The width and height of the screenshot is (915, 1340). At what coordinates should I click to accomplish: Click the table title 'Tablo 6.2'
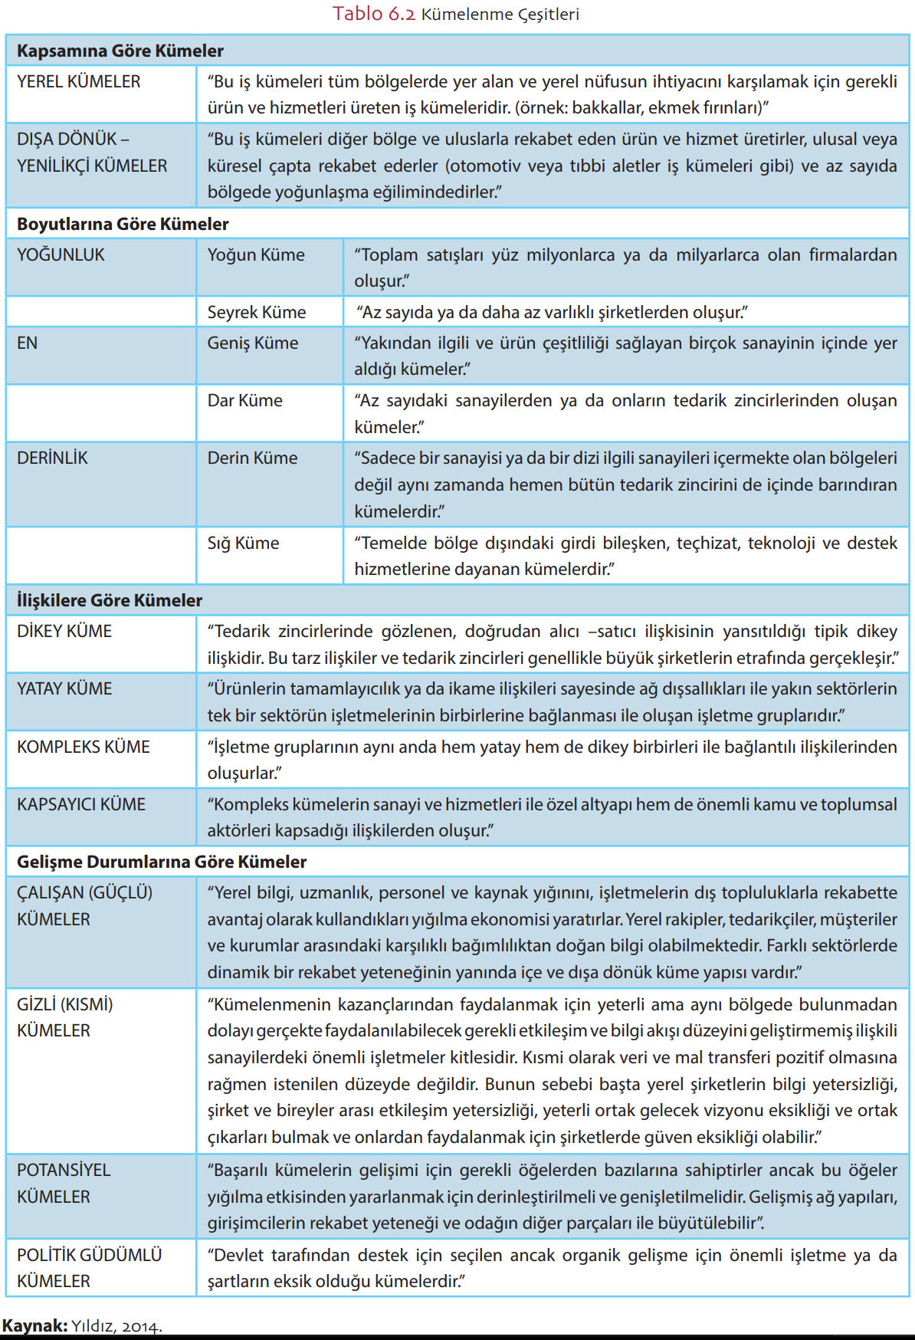point(373,14)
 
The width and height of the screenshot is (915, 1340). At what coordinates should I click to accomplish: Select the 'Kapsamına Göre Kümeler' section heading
point(120,51)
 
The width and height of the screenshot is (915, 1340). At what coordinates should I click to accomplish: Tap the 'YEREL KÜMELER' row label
point(79,82)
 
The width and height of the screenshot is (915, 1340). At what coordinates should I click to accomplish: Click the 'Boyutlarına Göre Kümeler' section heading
point(123,225)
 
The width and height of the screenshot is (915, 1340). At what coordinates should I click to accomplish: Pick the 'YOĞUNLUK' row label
point(61,255)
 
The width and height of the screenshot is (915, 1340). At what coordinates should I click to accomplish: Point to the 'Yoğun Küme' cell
point(256,255)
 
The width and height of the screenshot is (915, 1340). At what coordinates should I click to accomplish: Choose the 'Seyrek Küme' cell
point(257,313)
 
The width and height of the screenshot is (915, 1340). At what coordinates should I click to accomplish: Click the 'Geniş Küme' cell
point(253,343)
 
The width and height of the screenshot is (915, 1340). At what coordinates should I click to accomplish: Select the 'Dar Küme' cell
point(244,401)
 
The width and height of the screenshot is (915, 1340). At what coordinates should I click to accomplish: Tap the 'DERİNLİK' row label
point(52,458)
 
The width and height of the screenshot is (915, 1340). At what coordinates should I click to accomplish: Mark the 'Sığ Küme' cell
point(243,544)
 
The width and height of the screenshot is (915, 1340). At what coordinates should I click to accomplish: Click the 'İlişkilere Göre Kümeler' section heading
point(110,601)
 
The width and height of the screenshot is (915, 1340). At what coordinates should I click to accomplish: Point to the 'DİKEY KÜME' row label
point(64,632)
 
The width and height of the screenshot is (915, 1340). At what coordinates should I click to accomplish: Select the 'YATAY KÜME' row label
point(64,689)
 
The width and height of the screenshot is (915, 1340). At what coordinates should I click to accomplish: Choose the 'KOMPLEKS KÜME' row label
point(84,747)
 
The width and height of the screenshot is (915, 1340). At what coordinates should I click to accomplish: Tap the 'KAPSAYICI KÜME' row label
point(81,805)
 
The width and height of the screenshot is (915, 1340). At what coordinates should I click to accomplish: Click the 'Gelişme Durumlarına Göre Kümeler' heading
point(162,862)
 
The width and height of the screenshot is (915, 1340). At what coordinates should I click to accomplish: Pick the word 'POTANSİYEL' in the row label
point(64,1171)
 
